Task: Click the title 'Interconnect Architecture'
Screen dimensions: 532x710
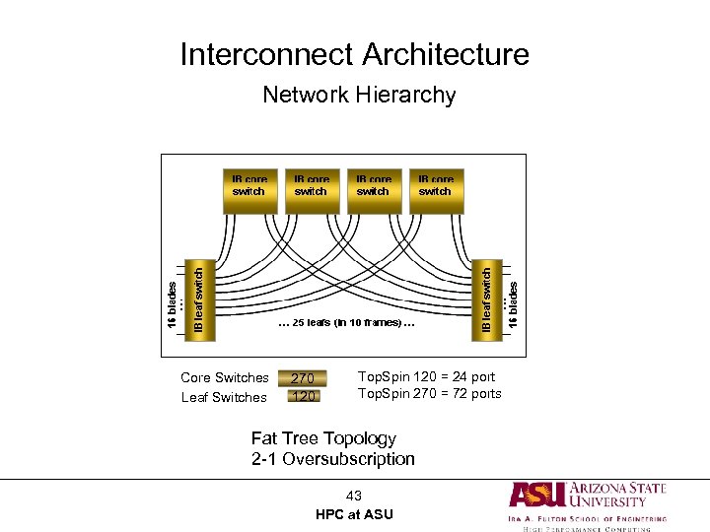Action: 354,54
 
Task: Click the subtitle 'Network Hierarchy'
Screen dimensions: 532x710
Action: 359,96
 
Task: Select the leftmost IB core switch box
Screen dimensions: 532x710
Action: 248,190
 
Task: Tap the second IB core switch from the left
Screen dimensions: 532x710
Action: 311,190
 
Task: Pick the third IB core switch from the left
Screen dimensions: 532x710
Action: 373,190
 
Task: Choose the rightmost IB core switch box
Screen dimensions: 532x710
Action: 435,190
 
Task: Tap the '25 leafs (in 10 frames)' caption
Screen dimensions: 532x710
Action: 345,322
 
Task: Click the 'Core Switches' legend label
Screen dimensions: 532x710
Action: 225,377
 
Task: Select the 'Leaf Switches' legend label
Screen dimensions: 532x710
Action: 224,397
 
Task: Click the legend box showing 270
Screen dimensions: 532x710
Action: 303,377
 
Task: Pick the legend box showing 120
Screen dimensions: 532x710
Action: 303,396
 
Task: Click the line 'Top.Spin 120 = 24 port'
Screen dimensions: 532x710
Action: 426,376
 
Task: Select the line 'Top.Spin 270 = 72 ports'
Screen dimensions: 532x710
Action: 429,394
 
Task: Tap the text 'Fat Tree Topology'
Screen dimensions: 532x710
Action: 323,438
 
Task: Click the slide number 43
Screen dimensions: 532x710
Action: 354,496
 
